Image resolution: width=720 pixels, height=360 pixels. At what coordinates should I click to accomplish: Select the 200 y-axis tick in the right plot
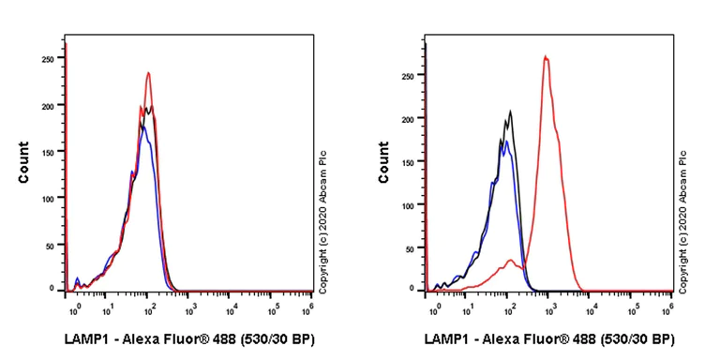tap(407, 121)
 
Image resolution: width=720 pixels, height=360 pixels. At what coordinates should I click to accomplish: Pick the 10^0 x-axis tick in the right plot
tap(435, 307)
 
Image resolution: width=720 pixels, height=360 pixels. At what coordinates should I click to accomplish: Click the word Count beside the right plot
tap(383, 161)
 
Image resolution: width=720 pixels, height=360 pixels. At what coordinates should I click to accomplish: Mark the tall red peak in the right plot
tap(545, 57)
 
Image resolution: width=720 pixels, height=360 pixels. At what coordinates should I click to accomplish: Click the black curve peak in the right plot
tap(510, 112)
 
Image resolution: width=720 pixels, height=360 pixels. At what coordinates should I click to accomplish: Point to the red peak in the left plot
tap(148, 73)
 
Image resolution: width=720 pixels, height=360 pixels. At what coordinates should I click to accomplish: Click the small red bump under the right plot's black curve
tap(509, 261)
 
